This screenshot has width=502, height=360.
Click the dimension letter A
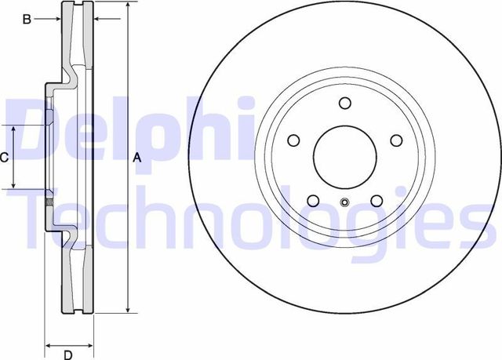(x=137, y=158)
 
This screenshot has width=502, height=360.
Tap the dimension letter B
(x=26, y=19)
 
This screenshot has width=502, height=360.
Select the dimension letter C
(x=4, y=158)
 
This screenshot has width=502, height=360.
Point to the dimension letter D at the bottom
(x=68, y=354)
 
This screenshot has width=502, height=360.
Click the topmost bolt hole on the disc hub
(x=345, y=103)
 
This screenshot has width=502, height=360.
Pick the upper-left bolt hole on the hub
(x=294, y=140)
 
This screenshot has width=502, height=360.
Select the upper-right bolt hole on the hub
(x=395, y=140)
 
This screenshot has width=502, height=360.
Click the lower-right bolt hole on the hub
(x=376, y=200)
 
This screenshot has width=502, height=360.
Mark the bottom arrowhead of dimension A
(x=127, y=311)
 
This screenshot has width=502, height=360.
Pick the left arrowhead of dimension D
(x=48, y=344)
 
